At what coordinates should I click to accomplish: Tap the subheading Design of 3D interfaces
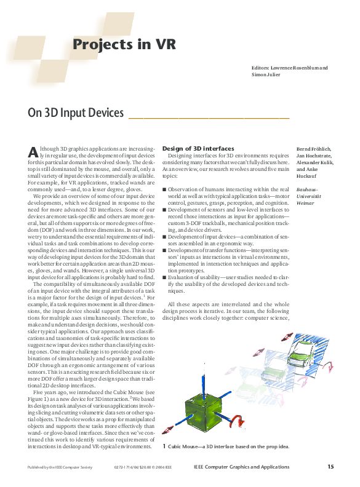click(x=198, y=149)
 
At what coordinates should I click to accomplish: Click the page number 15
click(x=330, y=467)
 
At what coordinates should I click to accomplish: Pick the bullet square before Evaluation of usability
click(x=164, y=277)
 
